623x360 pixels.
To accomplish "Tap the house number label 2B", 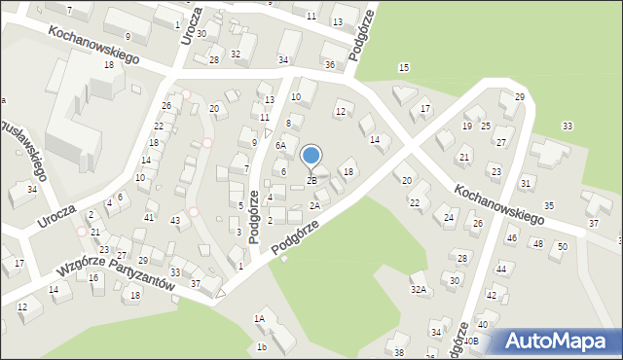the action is [x=311, y=181].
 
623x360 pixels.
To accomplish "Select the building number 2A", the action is [x=314, y=205].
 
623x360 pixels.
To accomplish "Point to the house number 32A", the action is [x=419, y=289].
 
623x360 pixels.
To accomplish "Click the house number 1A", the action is [x=259, y=318].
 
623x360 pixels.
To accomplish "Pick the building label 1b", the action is [x=262, y=347].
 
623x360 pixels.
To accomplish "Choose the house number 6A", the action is [x=279, y=145].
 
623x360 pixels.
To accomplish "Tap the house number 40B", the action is [x=470, y=342].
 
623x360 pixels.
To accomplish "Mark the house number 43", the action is [x=175, y=221].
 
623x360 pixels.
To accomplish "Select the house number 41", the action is [x=149, y=216].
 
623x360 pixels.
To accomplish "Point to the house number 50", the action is [x=563, y=247].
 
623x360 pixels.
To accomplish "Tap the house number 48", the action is [x=537, y=243].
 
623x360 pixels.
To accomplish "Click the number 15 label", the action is [x=404, y=66].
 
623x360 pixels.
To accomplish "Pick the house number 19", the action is [x=467, y=126].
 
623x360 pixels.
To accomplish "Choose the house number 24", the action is [x=449, y=216].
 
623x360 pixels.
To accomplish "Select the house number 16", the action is [x=93, y=278].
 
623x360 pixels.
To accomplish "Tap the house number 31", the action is [x=526, y=183].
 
